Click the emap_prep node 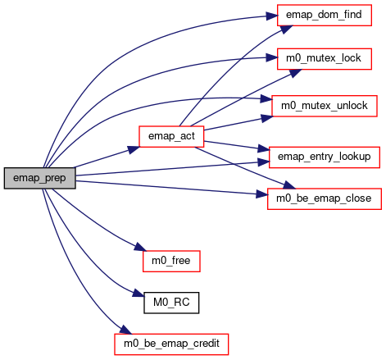[40, 178]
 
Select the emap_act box [171, 136]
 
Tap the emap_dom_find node [325, 15]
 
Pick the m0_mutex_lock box [325, 59]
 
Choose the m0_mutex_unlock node [325, 106]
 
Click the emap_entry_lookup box [325, 157]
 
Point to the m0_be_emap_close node [325, 198]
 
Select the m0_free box [171, 261]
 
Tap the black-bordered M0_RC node [171, 303]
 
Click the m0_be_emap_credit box [171, 344]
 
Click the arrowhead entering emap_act [134, 149]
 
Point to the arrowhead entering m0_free [140, 247]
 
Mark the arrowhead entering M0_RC [139, 294]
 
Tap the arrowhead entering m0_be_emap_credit [125, 330]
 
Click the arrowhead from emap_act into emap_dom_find [286, 29]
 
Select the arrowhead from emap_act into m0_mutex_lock [296, 73]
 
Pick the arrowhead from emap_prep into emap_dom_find [272, 16]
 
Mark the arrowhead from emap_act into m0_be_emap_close [289, 185]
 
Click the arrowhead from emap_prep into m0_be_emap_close [261, 194]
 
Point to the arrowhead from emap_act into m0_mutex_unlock [267, 118]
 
